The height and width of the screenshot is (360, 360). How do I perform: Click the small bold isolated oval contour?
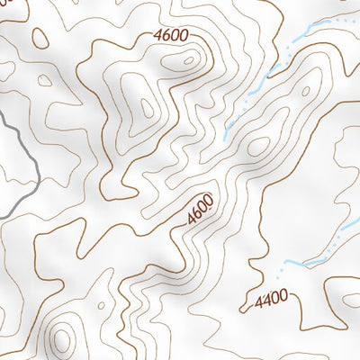click(40, 38)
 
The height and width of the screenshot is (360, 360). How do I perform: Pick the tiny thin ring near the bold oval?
click(43, 78)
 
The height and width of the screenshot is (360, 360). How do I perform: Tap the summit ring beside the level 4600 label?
click(188, 62)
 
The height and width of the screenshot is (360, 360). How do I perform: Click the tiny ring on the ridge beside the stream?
click(305, 90)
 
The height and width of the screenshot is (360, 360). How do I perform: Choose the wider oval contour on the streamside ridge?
click(258, 145)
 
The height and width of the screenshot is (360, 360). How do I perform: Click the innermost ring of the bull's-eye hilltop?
click(61, 339)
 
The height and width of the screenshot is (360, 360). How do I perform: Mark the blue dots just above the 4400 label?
click(286, 266)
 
